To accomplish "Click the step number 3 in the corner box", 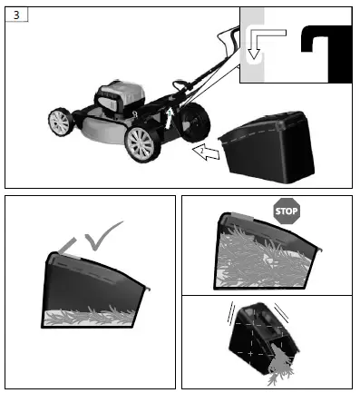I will pyautogui.click(x=15, y=15).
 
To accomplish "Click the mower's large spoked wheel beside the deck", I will pyautogui.click(x=143, y=143).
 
